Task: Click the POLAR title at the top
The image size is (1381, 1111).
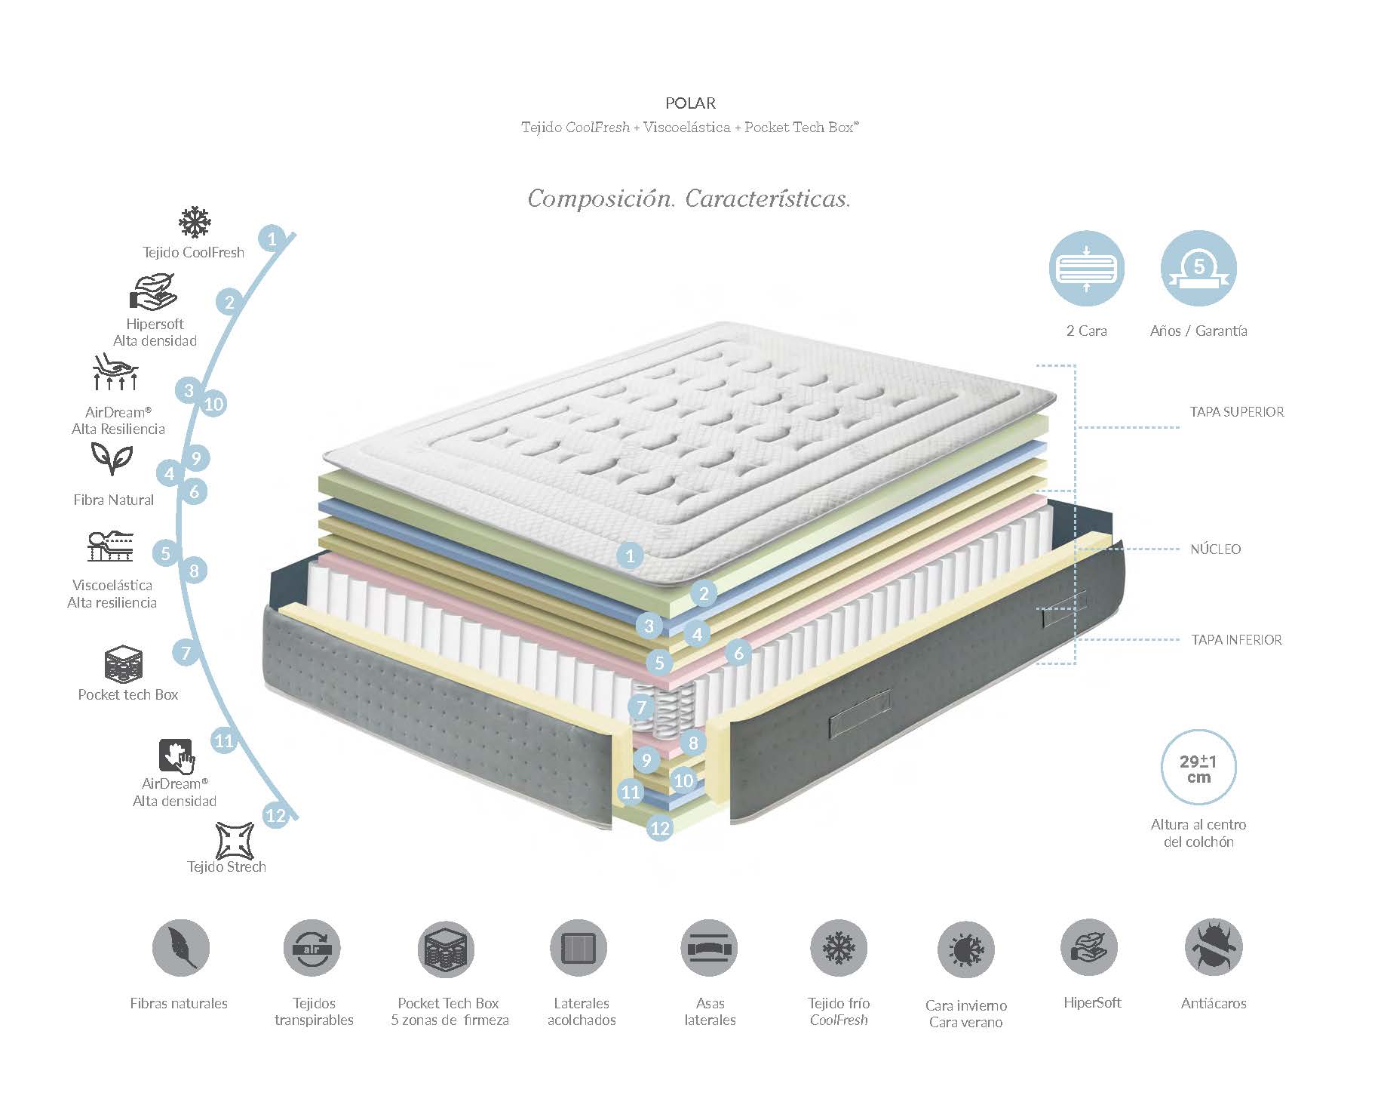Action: [690, 103]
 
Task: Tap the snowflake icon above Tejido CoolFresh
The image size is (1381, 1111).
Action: [195, 223]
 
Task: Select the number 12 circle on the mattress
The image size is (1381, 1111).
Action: [660, 828]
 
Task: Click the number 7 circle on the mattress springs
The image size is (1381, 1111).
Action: [641, 707]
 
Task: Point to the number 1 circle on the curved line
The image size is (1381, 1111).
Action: [272, 239]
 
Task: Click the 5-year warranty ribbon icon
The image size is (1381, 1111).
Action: [1198, 268]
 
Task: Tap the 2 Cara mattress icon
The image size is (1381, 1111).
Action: [1086, 268]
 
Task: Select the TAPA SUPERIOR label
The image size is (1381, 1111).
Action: [1237, 412]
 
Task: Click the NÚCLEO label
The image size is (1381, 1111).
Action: [1215, 549]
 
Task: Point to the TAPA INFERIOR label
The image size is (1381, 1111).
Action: [1236, 640]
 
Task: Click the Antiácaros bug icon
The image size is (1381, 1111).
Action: [1214, 948]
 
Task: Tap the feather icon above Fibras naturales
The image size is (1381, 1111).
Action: [181, 948]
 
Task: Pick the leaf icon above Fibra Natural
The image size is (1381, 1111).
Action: [112, 457]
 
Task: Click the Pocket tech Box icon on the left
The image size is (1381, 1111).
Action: [123, 664]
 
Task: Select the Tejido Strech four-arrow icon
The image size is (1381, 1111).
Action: [235, 841]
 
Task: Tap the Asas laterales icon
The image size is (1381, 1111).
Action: [710, 948]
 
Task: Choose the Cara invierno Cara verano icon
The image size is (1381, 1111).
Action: [966, 949]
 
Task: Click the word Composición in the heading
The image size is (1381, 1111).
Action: [601, 199]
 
